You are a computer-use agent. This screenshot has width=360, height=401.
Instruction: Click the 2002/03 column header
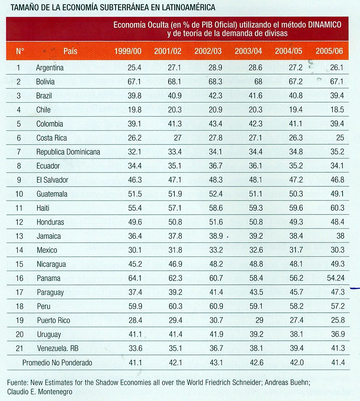pyautogui.click(x=208, y=51)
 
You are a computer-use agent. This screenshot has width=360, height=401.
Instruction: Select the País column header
pyautogui.click(x=70, y=51)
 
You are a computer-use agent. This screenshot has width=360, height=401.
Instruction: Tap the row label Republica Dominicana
pyautogui.click(x=68, y=152)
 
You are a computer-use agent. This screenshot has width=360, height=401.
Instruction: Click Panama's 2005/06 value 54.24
pyautogui.click(x=334, y=278)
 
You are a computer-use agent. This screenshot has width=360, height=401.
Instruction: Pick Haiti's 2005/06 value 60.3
pyautogui.click(x=336, y=208)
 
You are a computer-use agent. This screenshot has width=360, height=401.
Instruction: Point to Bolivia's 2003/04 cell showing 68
pyautogui.click(x=258, y=82)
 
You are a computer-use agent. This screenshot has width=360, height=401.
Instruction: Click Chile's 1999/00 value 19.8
pyautogui.click(x=135, y=110)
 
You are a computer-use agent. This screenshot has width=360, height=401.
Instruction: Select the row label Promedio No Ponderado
pyautogui.click(x=57, y=363)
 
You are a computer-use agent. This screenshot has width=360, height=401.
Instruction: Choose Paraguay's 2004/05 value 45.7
pyautogui.click(x=295, y=292)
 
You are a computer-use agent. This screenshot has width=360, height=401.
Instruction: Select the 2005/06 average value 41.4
pyautogui.click(x=336, y=363)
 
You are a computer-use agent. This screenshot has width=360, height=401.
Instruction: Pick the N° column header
pyautogui.click(x=20, y=51)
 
